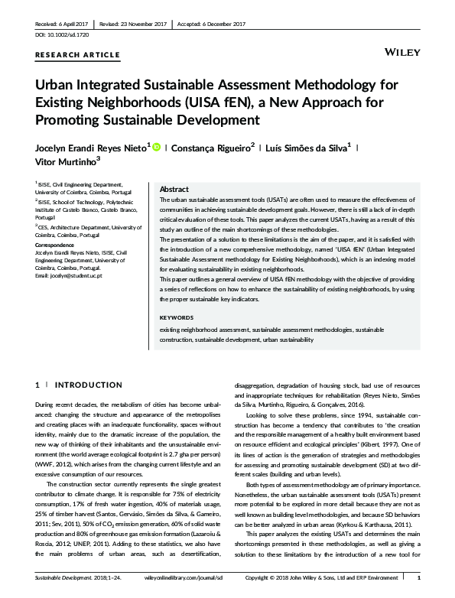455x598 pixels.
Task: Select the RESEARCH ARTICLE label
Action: click(x=77, y=55)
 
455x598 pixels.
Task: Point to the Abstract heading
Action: click(x=174, y=189)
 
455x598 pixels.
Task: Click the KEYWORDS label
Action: click(x=177, y=338)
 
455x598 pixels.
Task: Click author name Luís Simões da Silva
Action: click(x=308, y=148)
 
